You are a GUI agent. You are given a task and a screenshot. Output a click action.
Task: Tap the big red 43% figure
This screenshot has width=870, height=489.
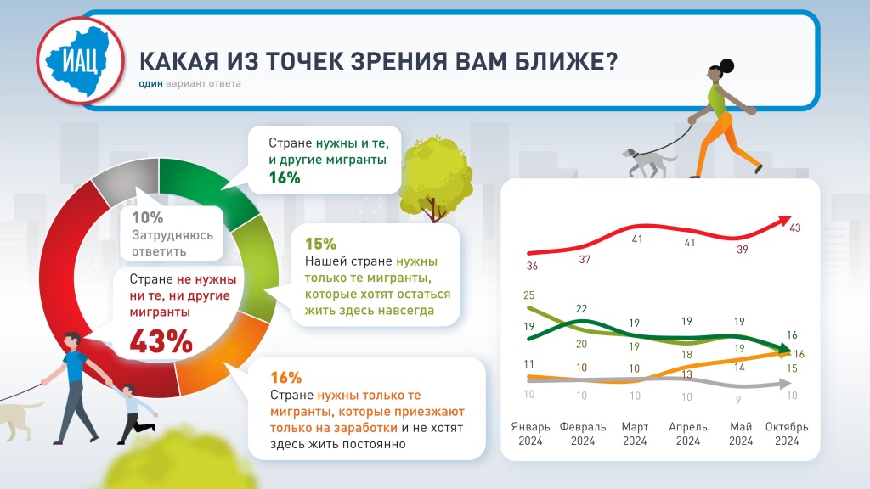tap(161, 340)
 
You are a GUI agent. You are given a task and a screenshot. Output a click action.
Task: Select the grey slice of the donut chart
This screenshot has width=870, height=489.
tap(127, 180)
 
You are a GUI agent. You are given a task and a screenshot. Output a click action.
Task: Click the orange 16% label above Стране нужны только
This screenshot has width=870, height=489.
tap(285, 377)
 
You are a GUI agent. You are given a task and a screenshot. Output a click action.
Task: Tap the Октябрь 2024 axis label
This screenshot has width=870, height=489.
tap(787, 433)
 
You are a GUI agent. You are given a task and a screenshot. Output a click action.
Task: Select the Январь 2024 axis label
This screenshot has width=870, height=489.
tap(531, 433)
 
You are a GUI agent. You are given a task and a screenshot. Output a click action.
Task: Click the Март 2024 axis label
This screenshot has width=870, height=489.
tap(635, 433)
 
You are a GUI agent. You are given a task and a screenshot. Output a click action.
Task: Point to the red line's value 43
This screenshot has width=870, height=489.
tap(796, 228)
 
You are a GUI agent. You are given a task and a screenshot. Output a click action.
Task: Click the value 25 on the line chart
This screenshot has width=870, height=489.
tap(529, 295)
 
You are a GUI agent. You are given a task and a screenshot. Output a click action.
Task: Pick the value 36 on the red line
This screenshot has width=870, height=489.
tap(532, 266)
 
